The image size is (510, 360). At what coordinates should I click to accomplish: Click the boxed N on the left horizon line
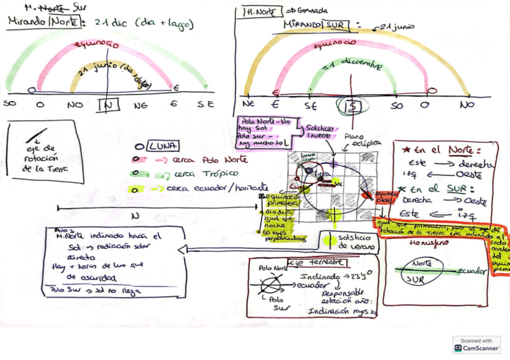tap(108, 105)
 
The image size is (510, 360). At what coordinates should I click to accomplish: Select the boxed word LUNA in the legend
tap(161, 146)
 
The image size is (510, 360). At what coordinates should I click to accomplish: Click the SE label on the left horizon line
tap(205, 104)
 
